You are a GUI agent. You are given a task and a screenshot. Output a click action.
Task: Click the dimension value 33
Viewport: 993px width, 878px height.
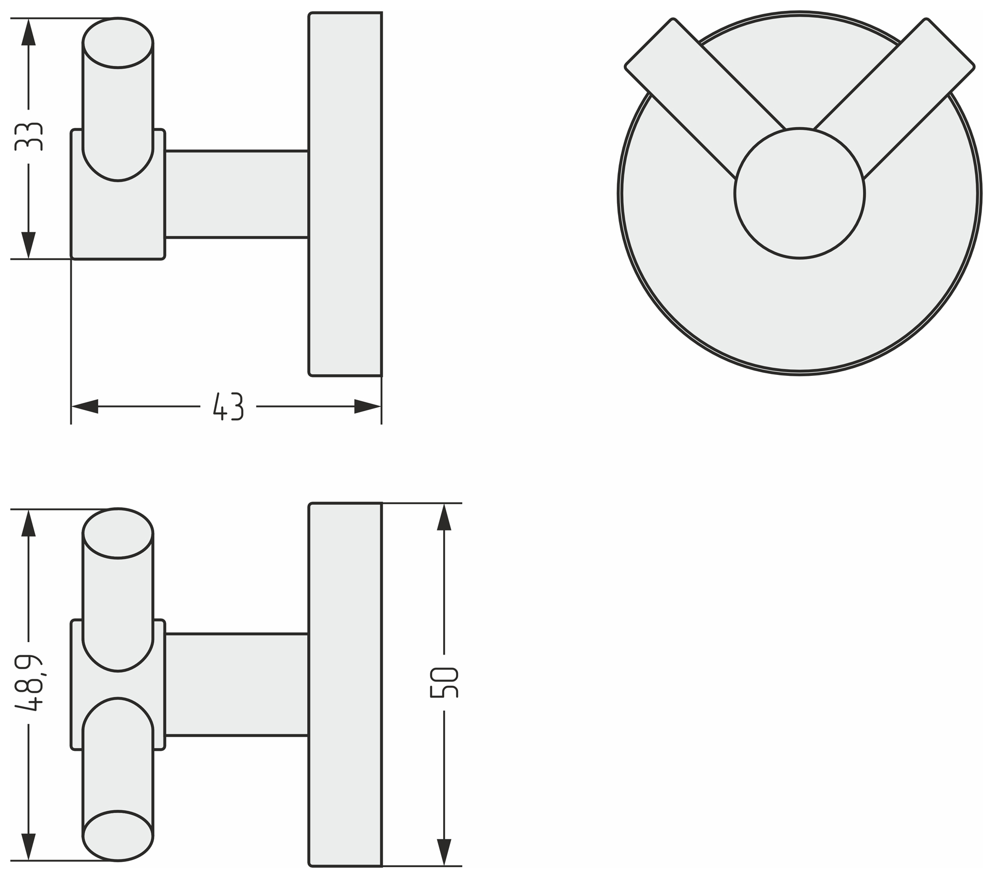tap(28, 137)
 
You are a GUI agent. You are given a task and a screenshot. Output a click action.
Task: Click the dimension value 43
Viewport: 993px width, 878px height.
tap(228, 406)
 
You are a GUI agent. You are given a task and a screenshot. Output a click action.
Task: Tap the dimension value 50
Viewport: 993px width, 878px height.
tap(444, 683)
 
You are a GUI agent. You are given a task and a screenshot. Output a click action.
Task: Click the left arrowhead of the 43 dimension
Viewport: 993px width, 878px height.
tap(84, 406)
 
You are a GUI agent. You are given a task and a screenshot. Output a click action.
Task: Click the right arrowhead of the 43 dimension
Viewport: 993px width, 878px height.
tap(368, 406)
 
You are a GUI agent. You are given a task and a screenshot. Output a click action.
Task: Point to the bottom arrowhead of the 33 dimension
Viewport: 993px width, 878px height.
tap(28, 245)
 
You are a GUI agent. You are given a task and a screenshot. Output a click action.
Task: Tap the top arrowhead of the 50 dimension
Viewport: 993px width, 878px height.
tap(444, 518)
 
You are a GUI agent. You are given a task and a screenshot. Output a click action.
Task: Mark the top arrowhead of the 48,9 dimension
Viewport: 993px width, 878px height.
tap(28, 524)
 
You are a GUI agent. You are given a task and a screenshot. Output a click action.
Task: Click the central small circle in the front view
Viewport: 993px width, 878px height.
tap(799, 193)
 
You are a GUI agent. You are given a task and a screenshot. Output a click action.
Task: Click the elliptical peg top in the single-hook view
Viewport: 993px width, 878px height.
tap(118, 43)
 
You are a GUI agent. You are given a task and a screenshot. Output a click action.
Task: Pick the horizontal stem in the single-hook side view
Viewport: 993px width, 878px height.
tap(236, 194)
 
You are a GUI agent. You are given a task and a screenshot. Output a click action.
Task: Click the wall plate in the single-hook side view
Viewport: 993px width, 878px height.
tap(345, 194)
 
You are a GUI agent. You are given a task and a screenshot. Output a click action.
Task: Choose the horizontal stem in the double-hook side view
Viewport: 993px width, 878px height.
tap(236, 684)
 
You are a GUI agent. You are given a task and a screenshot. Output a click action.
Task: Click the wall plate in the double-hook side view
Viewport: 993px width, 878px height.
tap(345, 684)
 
